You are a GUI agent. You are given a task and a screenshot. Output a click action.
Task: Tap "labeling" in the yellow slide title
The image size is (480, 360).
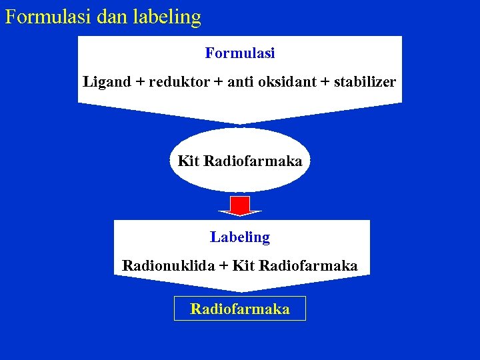pos(168,17)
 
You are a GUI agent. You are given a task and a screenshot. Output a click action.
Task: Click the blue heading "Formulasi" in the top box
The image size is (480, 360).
pos(240,53)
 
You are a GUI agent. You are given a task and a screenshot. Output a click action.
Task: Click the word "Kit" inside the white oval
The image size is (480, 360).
pos(189,161)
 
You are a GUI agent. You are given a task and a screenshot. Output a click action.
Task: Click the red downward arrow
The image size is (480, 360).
pos(240,206)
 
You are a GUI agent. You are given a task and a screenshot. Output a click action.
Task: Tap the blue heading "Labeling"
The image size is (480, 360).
pos(240,237)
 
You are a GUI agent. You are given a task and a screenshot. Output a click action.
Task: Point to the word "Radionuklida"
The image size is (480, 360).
pos(169,265)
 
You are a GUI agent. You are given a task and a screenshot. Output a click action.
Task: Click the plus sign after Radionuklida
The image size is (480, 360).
pos(223,265)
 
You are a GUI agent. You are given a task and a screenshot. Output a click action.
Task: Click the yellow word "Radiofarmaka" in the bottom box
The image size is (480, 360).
pos(240,309)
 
